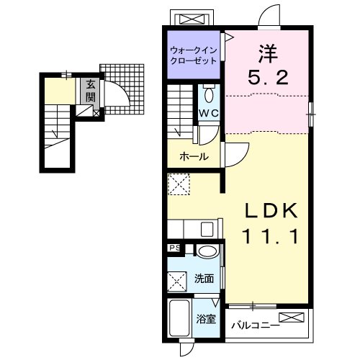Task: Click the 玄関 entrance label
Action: click(91, 91)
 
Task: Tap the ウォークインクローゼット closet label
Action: click(193, 55)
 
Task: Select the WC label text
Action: click(209, 113)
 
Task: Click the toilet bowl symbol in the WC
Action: click(209, 94)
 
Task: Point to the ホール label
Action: click(194, 157)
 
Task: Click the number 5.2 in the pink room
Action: click(268, 77)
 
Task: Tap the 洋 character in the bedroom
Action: click(269, 54)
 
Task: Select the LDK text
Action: click(271, 211)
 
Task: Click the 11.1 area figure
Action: click(271, 236)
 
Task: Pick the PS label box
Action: click(175, 248)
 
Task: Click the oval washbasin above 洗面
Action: click(208, 251)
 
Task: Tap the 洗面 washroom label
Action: click(204, 279)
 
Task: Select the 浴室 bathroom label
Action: click(206, 319)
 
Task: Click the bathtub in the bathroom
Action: click(179, 318)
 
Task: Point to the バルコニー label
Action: click(256, 325)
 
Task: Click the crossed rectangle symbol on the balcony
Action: click(292, 318)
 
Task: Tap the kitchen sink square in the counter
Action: click(207, 229)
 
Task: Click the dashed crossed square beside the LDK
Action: click(179, 184)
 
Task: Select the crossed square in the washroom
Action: click(177, 282)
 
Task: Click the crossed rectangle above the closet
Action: click(192, 19)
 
